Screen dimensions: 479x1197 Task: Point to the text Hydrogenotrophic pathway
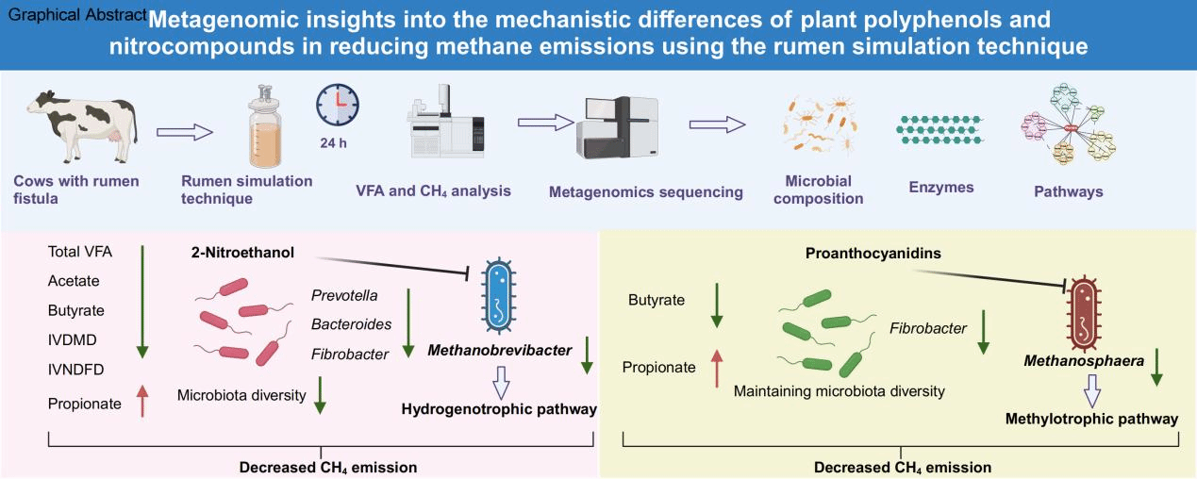pos(499,409)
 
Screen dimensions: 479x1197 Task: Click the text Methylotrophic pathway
pos(1091,419)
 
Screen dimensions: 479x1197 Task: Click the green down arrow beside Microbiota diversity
pos(320,394)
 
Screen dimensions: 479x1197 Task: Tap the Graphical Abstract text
pos(72,17)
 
